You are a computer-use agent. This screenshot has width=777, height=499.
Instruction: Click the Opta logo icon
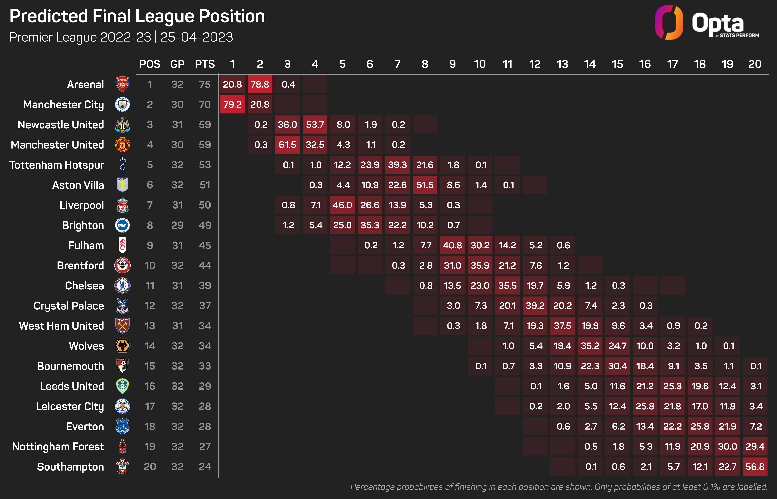pos(669,23)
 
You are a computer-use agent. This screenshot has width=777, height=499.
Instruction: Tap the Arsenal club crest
pos(123,84)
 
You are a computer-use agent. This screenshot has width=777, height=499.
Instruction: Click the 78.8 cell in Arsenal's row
pos(260,84)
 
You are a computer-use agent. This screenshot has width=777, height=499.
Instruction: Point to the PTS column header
pos(205,64)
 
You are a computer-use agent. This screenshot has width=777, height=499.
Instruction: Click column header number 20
pos(755,64)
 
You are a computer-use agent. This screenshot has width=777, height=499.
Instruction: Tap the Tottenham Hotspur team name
pos(57,165)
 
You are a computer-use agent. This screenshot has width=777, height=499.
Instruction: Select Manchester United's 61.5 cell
pos(287,145)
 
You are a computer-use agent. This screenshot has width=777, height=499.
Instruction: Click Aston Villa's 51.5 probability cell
pos(425,185)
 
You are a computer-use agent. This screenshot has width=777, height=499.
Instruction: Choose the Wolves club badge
pos(123,346)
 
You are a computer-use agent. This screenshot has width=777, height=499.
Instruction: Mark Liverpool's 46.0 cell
pos(342,205)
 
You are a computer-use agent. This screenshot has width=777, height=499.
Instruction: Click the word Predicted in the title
pos(49,16)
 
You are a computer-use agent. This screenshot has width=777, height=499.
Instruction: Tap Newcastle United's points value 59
pos(205,124)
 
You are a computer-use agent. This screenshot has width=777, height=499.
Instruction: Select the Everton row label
pos(85,426)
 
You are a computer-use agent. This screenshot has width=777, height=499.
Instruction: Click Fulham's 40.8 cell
pos(452,245)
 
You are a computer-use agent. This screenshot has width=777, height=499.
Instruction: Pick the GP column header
pos(177,64)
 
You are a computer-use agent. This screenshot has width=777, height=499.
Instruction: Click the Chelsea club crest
pos(123,285)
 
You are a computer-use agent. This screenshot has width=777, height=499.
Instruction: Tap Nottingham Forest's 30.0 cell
pos(727,447)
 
